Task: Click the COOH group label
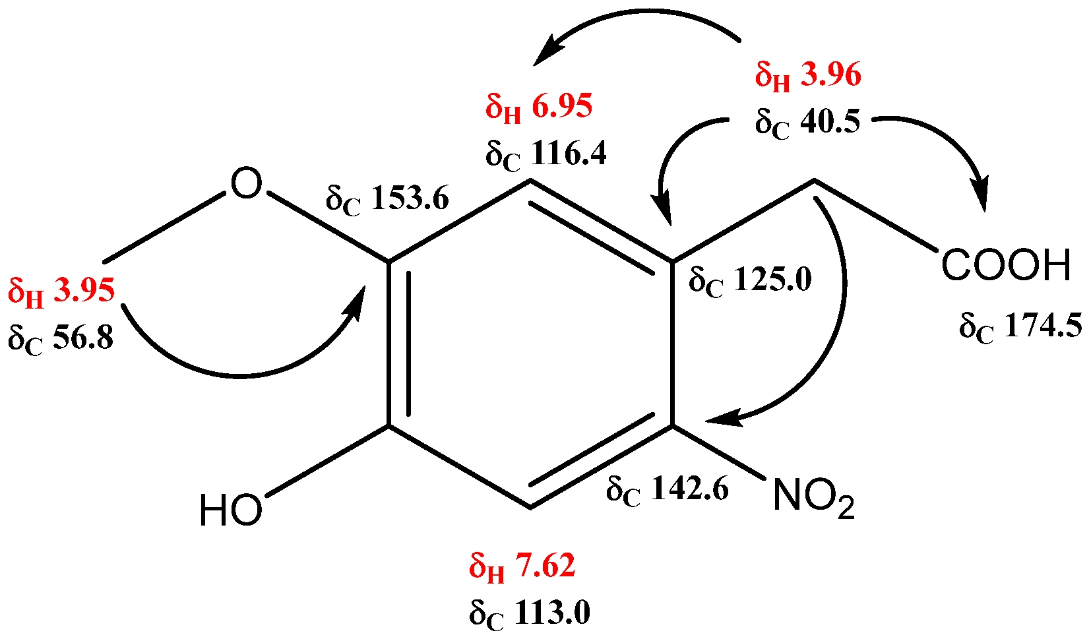(1005, 266)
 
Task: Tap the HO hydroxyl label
(231, 511)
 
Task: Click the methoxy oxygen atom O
(246, 184)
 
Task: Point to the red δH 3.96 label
(808, 76)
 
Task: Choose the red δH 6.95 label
(539, 107)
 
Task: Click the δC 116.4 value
(546, 156)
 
